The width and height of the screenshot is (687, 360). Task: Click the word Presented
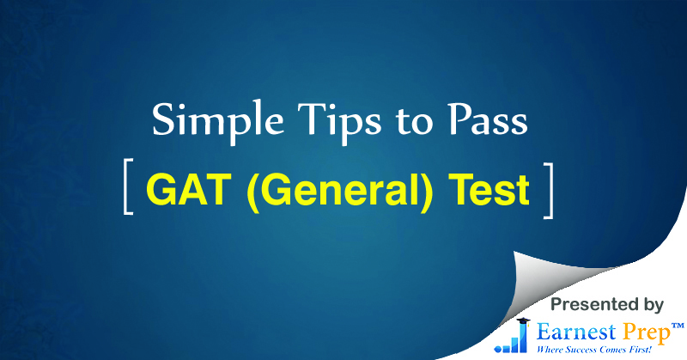tap(591, 304)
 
